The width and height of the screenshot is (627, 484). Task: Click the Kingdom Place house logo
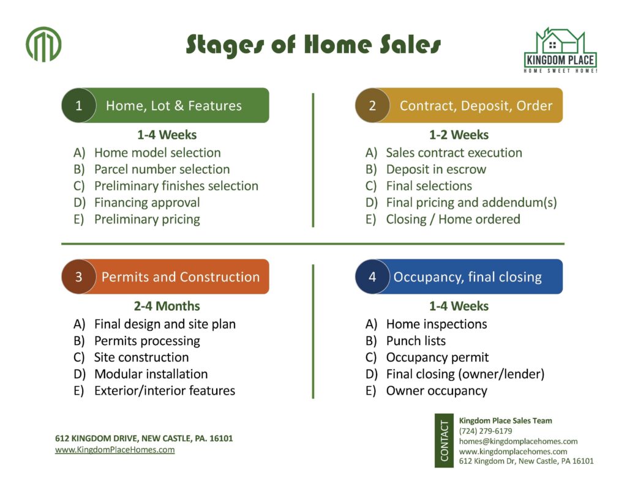560,50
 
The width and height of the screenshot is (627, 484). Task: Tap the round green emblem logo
43,45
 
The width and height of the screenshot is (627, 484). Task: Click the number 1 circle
79,105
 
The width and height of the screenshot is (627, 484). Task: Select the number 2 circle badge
372,105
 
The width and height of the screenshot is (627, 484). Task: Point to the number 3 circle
79,277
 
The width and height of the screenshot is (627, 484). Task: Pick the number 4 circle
372,277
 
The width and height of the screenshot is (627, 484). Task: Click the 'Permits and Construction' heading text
181,277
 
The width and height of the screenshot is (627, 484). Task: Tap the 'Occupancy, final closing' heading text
467,277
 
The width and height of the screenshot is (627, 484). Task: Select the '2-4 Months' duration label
167,306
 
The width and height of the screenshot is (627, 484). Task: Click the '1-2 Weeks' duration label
459,135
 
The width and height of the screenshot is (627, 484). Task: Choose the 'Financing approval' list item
147,203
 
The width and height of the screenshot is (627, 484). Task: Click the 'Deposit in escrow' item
436,169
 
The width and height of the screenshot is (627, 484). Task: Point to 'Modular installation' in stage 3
151,374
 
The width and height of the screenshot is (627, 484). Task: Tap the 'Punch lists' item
416,341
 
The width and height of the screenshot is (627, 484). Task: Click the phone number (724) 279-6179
486,431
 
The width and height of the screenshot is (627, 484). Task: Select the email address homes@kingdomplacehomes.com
518,441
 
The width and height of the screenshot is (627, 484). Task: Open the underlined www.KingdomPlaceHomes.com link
115,450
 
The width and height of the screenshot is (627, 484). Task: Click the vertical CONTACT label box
444,441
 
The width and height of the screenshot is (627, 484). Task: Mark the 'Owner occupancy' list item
436,391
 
